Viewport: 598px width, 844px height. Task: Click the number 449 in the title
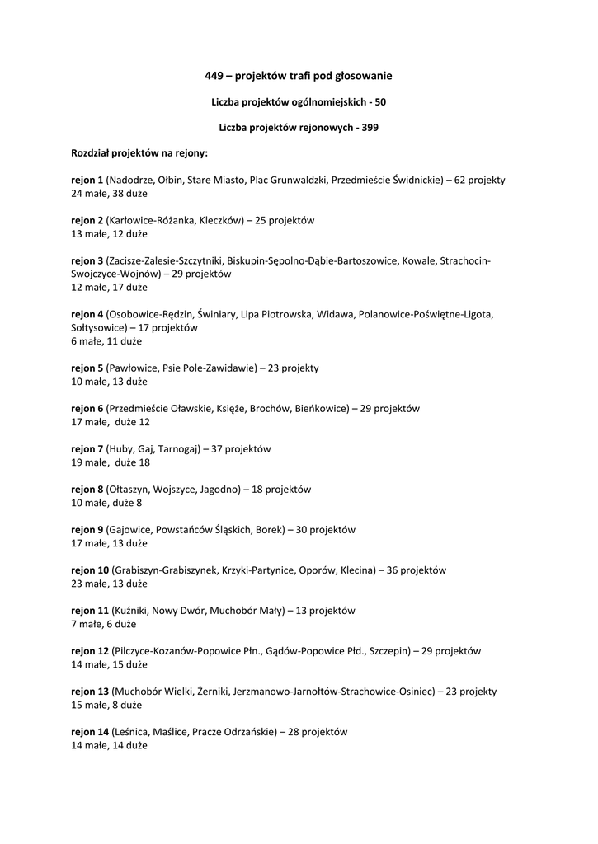click(214, 76)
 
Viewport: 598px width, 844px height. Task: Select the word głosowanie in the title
click(364, 76)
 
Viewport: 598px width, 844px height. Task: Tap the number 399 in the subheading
click(371, 128)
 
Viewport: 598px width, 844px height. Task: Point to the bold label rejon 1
click(87, 180)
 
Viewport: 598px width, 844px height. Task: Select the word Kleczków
click(219, 220)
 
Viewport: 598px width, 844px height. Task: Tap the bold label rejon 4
click(87, 314)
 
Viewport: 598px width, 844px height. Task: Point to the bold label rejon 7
click(87, 449)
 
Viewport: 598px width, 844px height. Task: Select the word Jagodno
click(220, 489)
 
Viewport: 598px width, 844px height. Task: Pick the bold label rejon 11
click(90, 611)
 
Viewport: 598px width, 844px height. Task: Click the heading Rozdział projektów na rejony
click(139, 153)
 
